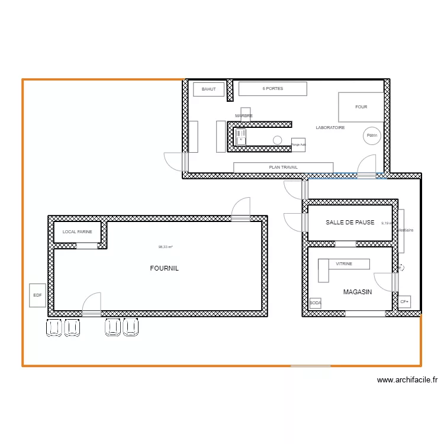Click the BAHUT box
[208, 89]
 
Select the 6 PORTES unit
[272, 89]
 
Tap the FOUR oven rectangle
[361, 107]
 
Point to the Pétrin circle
[372, 136]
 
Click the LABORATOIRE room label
[330, 127]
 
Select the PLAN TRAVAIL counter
[283, 168]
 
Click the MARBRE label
[244, 115]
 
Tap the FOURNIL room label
[164, 268]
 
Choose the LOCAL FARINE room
[78, 232]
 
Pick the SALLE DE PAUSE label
[350, 223]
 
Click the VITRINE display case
[344, 264]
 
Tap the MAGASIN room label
[358, 292]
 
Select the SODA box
[315, 303]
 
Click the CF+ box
[404, 302]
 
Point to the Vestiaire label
[406, 230]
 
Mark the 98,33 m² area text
[165, 247]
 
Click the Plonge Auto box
[298, 144]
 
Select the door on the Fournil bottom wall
[92, 310]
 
